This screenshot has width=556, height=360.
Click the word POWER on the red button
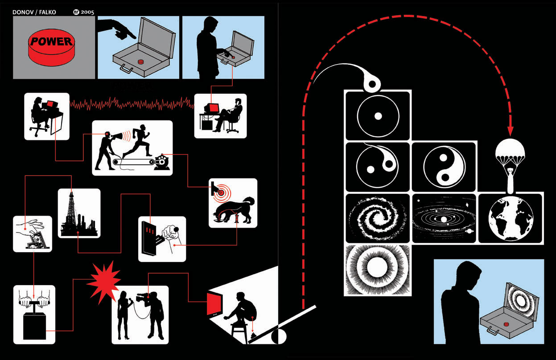[50, 42]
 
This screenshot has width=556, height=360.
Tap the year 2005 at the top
[87, 12]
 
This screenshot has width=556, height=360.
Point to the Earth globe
[511, 218]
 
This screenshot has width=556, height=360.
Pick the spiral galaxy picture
[377, 218]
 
